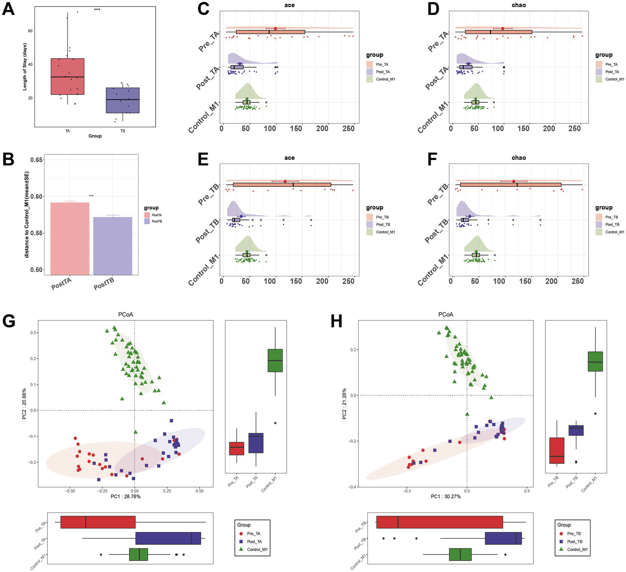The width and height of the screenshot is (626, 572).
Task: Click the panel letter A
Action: pyautogui.click(x=9, y=9)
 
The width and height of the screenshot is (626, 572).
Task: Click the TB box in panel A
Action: pyautogui.click(x=123, y=100)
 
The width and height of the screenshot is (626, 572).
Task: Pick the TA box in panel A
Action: pyautogui.click(x=68, y=77)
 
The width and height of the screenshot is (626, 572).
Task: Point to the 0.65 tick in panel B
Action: pyautogui.click(x=37, y=160)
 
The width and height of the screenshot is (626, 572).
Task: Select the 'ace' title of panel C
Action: pyautogui.click(x=290, y=5)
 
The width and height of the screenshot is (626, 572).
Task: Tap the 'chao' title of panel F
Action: pyautogui.click(x=519, y=158)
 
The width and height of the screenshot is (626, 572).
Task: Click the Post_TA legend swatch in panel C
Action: pyautogui.click(x=370, y=72)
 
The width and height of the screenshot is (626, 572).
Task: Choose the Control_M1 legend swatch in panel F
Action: pyautogui.click(x=599, y=232)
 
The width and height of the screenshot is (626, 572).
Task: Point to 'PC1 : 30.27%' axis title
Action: pyautogui.click(x=446, y=497)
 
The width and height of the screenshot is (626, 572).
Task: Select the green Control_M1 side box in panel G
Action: pyautogui.click(x=275, y=361)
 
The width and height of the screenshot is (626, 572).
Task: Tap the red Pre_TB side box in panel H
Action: pyautogui.click(x=557, y=450)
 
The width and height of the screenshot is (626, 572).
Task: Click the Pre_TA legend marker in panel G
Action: pyautogui.click(x=241, y=534)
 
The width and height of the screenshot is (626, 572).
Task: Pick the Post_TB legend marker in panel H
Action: pyautogui.click(x=561, y=541)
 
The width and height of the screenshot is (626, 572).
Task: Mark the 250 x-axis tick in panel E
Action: pyautogui.click(x=348, y=281)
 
